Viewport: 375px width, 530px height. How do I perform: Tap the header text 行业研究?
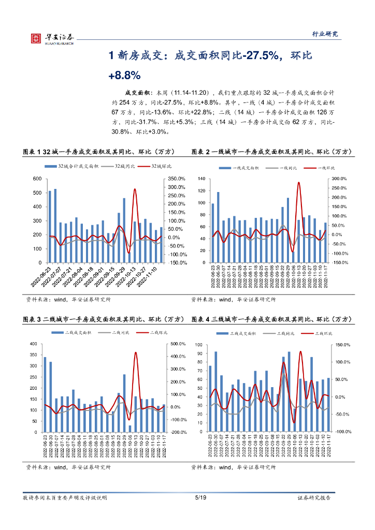point(325,34)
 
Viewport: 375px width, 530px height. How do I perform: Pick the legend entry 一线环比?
point(320,168)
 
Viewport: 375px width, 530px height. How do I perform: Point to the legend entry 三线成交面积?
point(236,334)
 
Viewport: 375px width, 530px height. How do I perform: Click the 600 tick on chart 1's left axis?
point(37,179)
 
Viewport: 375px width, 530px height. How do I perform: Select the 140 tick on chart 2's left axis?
point(201,179)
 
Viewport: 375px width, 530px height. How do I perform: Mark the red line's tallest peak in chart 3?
point(136,353)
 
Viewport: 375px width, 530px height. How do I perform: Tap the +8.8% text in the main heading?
point(124,75)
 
